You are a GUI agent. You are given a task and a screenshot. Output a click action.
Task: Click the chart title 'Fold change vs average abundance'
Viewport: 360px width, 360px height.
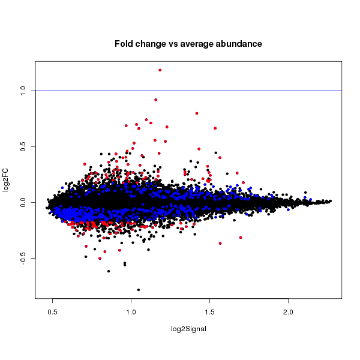(188, 44)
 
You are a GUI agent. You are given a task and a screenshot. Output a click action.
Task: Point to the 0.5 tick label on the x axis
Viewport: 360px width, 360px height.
(52, 313)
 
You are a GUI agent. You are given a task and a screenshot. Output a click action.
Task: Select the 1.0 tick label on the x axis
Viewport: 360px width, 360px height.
(131, 313)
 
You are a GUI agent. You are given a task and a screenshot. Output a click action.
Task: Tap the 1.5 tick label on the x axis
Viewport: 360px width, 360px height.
(209, 313)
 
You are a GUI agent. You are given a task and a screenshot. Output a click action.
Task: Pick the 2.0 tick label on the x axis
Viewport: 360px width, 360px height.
(288, 313)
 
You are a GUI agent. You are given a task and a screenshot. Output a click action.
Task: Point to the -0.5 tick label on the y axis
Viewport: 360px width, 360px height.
(23, 259)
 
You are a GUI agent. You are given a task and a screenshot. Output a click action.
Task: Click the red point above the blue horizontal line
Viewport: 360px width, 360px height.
(160, 70)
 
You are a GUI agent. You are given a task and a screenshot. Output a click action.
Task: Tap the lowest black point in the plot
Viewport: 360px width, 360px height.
(139, 290)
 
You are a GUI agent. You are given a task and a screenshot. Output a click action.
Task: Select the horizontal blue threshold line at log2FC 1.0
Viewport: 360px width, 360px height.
(270, 91)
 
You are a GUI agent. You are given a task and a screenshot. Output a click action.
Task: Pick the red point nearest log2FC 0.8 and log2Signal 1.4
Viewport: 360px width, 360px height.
(197, 113)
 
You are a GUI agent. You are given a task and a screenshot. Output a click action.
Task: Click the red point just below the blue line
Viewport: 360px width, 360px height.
(156, 100)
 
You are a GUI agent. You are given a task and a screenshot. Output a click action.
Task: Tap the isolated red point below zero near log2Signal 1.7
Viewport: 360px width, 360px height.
(241, 238)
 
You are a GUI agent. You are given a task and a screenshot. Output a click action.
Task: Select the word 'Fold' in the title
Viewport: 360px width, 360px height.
(124, 44)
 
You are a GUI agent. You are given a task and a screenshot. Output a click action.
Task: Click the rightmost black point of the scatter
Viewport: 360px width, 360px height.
(331, 201)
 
